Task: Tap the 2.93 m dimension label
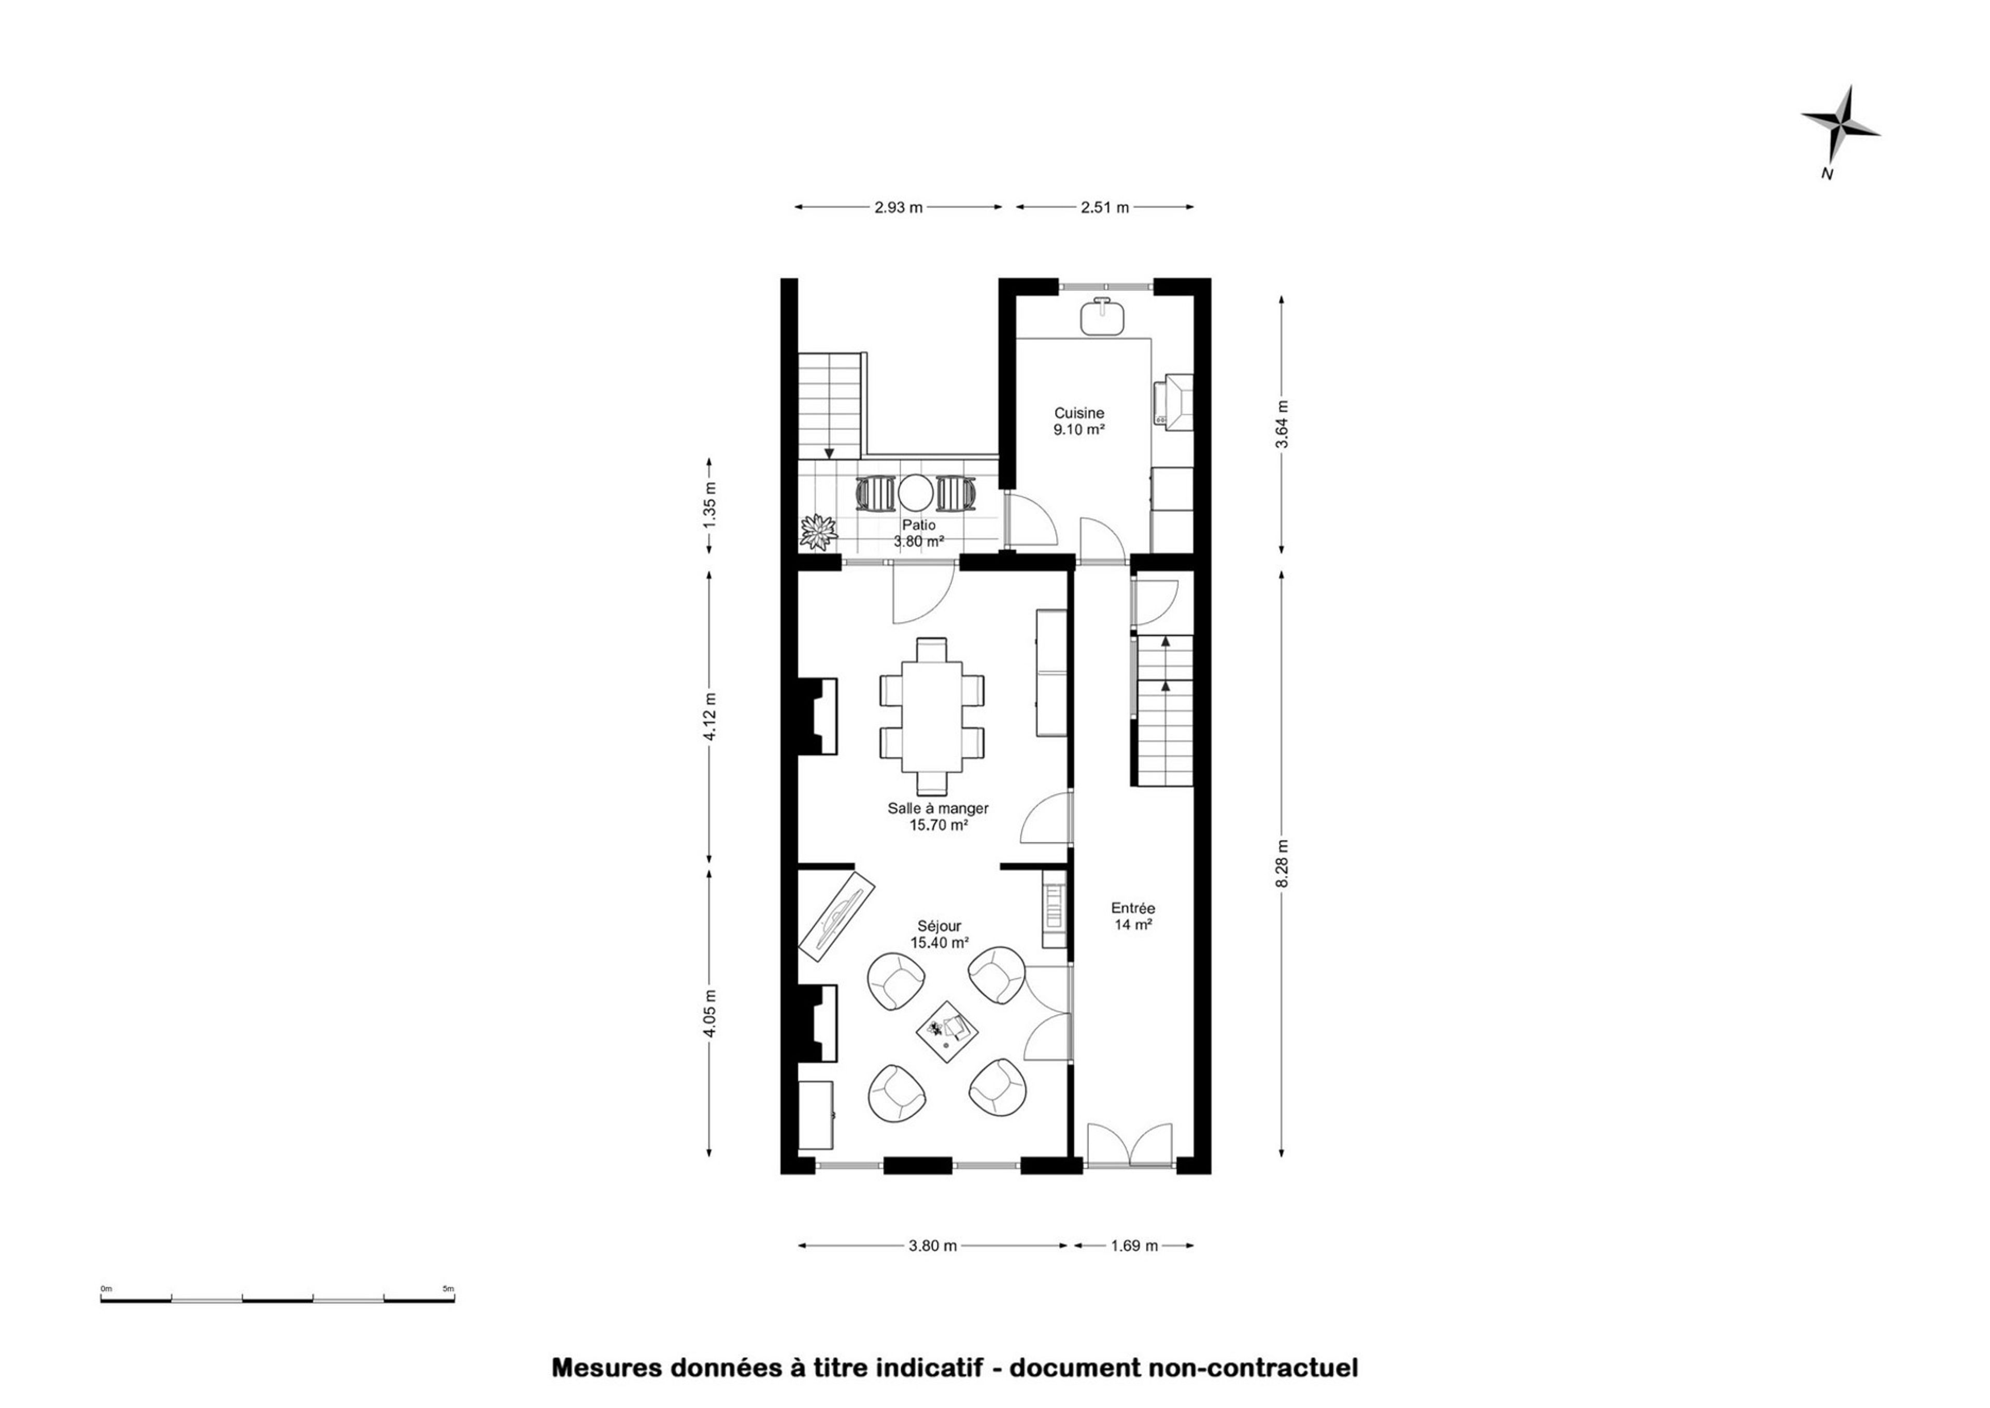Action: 898,207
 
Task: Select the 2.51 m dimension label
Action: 1105,207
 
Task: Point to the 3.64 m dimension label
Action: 1283,423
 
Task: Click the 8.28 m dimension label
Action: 1283,863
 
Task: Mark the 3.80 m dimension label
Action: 932,1246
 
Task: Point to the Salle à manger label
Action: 937,808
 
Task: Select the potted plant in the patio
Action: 818,531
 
